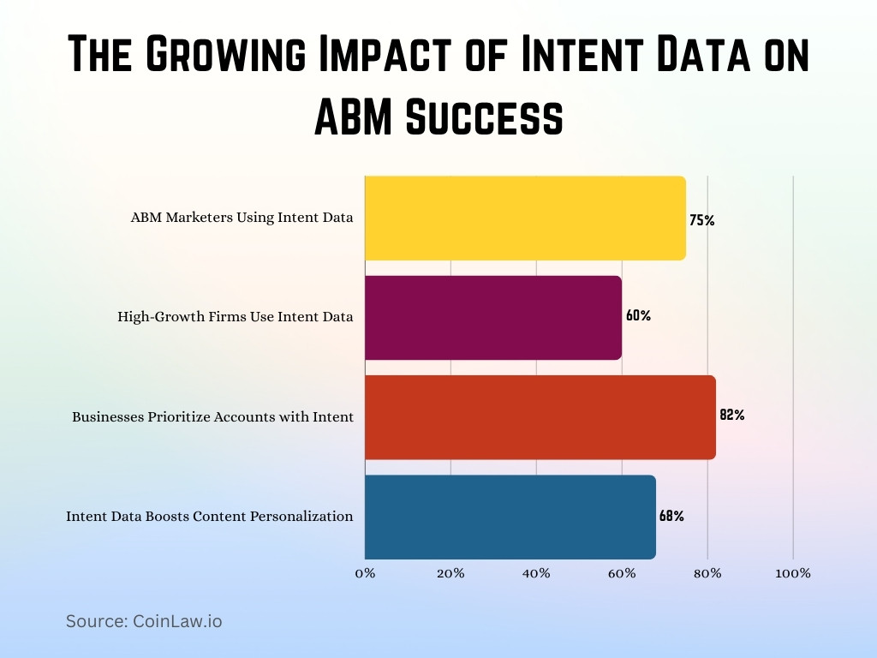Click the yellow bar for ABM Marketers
point(525,218)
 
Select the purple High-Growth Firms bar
point(493,317)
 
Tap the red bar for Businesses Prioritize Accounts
point(540,417)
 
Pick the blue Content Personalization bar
point(510,517)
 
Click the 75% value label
point(701,220)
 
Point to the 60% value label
point(638,315)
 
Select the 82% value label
point(731,416)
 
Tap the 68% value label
point(671,517)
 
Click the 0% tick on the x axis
point(365,573)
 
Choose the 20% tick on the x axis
point(450,573)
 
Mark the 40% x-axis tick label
point(536,573)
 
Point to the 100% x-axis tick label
point(792,573)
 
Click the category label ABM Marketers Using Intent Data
point(242,218)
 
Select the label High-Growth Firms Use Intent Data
point(236,317)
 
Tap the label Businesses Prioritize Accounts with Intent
point(212,417)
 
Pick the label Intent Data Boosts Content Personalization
point(210,517)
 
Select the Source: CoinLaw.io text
point(144,621)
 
